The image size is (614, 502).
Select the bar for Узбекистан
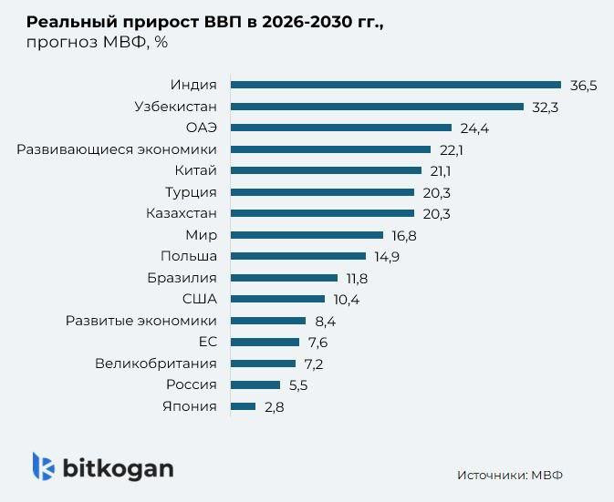point(377,107)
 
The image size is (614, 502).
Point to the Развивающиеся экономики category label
point(117,149)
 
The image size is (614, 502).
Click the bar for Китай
point(326,170)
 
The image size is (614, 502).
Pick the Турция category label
point(191,192)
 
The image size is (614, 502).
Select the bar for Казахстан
point(322,214)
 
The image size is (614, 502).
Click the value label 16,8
point(408,235)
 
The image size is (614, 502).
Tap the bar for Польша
point(297,257)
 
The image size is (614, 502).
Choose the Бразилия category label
point(182,278)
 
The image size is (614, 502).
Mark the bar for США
point(277,299)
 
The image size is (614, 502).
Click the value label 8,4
point(326,321)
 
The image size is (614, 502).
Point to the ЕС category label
point(207,342)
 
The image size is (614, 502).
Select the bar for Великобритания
point(263,364)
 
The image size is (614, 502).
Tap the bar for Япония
point(243,406)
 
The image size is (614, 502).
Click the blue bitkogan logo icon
point(43,466)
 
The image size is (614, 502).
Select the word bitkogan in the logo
point(118,468)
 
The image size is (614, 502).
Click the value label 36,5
point(584,86)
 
